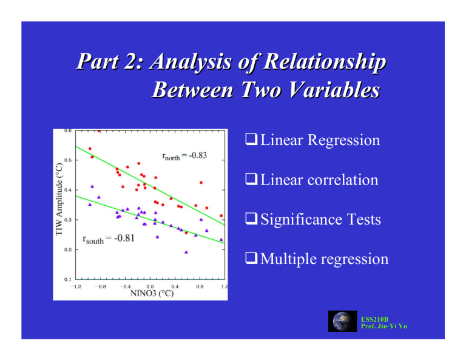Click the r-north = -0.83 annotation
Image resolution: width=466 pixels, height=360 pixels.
(185, 155)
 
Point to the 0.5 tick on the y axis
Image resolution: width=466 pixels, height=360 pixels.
(67, 160)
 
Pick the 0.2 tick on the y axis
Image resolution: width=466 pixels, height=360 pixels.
(67, 250)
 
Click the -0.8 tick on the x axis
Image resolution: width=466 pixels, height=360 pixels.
(100, 286)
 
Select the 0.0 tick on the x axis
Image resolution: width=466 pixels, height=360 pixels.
(149, 286)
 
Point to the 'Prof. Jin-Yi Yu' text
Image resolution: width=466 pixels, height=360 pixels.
(383, 327)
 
